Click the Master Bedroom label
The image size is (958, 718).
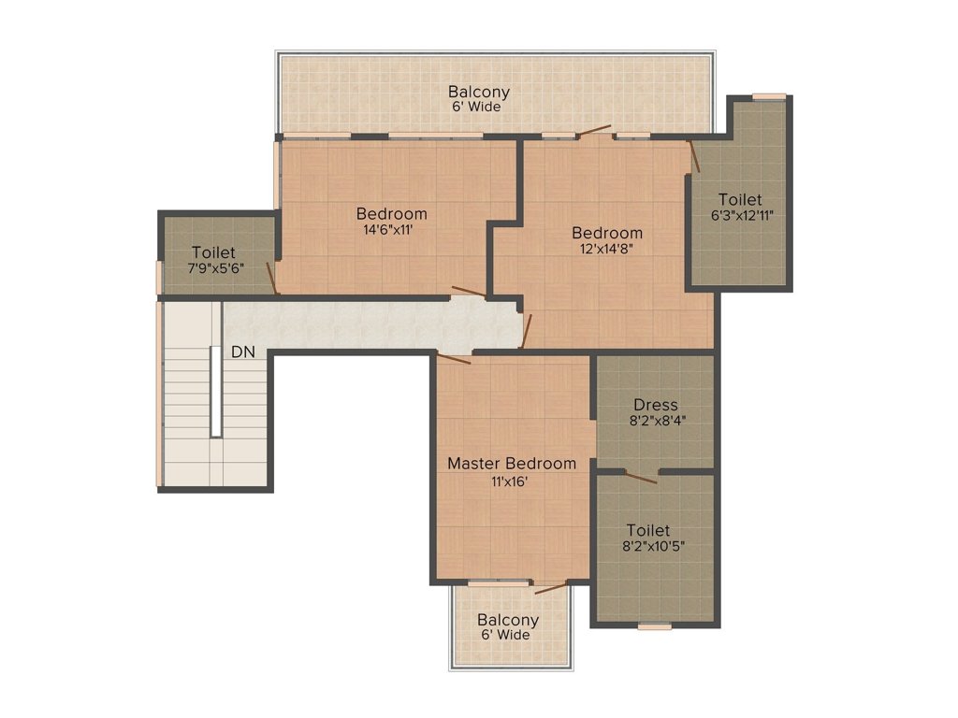coord(512,464)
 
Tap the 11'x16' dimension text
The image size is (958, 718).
coord(510,481)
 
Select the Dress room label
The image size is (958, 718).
coord(656,405)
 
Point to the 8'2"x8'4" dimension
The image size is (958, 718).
coord(658,420)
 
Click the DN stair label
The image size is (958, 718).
coord(243,352)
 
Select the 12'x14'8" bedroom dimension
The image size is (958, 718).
coord(606,249)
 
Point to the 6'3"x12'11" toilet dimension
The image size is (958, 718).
coord(742,215)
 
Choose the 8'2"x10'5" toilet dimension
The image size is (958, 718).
coord(653,546)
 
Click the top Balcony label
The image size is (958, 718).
coord(478,92)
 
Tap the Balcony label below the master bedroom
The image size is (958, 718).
coord(508,620)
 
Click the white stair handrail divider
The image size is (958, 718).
coord(216,392)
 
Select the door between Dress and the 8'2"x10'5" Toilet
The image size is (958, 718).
coord(640,478)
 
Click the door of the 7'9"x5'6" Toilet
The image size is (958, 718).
coord(272,279)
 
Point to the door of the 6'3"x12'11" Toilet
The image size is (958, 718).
coord(695,156)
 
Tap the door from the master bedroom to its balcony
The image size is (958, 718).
coord(551,589)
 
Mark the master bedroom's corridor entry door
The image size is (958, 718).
coord(454,358)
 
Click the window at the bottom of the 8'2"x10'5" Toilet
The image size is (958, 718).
coord(654,625)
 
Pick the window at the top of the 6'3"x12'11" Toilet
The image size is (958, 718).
coord(769,96)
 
